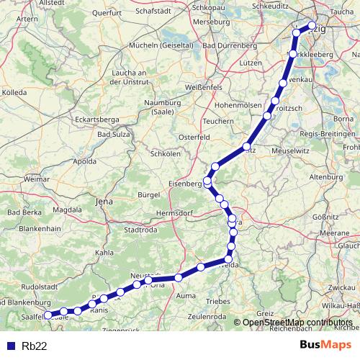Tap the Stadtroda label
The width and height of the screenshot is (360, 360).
[140, 230]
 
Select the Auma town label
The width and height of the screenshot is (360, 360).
[186, 295]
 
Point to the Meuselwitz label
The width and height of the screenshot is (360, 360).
[287, 151]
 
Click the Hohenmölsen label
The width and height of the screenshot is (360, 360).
[236, 104]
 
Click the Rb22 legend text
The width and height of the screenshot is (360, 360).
[35, 345]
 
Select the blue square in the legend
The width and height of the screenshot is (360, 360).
[10, 345]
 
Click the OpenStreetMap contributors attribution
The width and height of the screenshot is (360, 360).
[298, 323]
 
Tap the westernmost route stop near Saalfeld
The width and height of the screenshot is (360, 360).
[48, 315]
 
